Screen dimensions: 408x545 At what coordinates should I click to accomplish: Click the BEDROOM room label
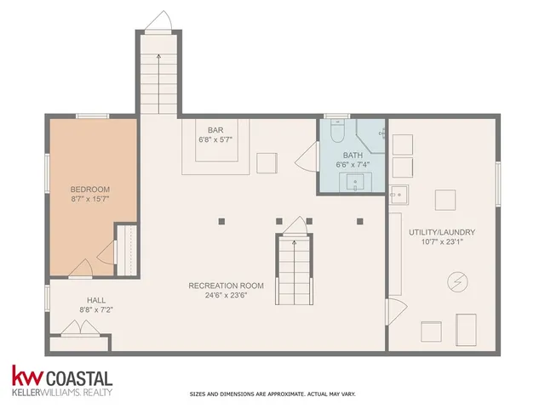[x=89, y=188]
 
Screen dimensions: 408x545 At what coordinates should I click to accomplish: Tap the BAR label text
[x=215, y=130]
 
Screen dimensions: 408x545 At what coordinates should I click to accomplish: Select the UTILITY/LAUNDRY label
[x=441, y=232]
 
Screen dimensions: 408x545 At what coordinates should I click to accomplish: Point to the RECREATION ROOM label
[x=226, y=286]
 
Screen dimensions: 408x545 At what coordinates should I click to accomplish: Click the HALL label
[x=95, y=300]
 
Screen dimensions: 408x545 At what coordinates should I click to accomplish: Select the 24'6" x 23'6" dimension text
[x=226, y=296]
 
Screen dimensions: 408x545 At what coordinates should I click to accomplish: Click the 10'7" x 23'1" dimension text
[x=441, y=242]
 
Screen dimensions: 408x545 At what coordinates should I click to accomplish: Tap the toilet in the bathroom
[x=336, y=132]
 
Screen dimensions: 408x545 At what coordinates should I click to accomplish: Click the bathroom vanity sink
[x=355, y=181]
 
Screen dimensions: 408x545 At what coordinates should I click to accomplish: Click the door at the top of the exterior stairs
[x=158, y=20]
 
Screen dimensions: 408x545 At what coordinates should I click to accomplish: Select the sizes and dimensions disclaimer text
[x=272, y=394]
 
